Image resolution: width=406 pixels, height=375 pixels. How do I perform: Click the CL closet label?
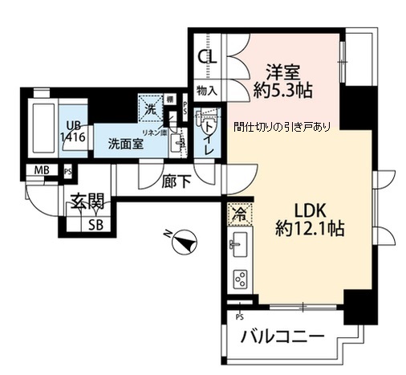(x=206, y=57)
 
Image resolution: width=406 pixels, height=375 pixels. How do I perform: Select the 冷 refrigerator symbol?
(x=238, y=214)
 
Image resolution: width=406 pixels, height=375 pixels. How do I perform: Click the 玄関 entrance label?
(x=83, y=202)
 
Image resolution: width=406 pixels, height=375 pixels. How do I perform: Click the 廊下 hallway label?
(x=177, y=181)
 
